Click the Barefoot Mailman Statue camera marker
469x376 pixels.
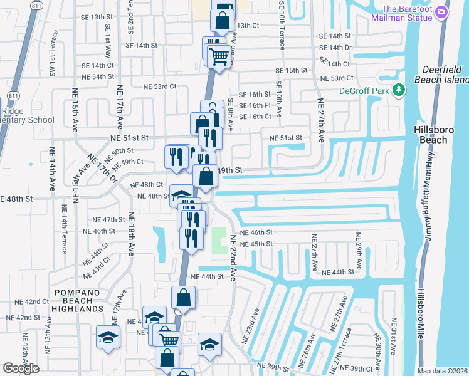coord(441,12)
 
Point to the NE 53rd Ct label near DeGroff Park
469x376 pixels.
coord(337,78)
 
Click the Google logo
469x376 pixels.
coord(20,368)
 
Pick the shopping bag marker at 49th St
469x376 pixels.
coord(206,176)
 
